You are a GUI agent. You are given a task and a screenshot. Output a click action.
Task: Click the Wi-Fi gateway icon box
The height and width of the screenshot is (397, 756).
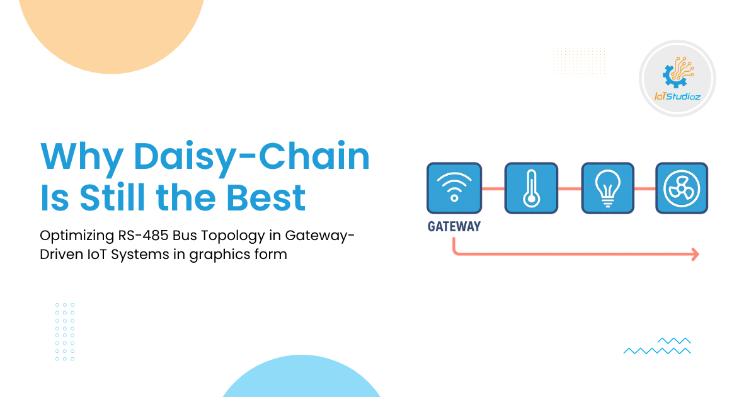click(454, 188)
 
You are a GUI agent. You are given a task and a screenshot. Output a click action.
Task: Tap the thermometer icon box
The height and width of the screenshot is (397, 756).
click(532, 188)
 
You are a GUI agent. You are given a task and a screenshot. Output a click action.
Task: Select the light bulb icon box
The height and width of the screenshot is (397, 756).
click(608, 188)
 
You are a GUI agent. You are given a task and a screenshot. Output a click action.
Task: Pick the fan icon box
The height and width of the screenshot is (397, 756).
click(682, 188)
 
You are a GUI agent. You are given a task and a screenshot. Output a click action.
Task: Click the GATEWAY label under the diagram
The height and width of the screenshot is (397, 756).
click(454, 226)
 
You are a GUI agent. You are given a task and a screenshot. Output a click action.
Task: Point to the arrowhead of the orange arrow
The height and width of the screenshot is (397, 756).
click(695, 254)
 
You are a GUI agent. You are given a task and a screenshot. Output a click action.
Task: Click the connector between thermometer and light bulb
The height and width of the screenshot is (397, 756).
click(570, 188)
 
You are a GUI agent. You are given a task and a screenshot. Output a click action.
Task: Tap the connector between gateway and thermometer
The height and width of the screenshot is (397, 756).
click(493, 188)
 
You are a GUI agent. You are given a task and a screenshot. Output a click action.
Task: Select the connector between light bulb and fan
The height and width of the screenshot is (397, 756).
click(644, 188)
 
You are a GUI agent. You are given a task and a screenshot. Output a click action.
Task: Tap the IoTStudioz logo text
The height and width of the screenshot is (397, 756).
click(677, 96)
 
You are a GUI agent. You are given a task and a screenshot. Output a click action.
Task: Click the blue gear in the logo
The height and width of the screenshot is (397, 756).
click(670, 75)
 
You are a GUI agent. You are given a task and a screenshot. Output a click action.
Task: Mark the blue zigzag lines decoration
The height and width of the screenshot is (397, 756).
click(657, 346)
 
